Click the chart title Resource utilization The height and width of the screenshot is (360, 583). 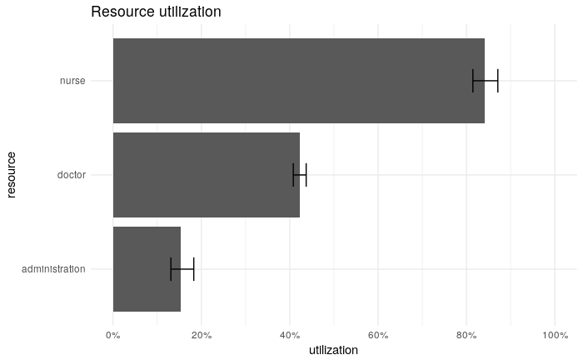(156, 12)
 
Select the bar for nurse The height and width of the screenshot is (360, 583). (298, 81)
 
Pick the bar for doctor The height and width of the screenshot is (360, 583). (206, 175)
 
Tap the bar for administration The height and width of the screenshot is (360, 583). (147, 269)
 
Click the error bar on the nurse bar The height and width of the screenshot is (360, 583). (485, 81)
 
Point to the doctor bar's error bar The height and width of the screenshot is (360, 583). (300, 175)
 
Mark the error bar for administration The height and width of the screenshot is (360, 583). (182, 269)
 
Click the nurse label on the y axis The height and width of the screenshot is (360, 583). (72, 81)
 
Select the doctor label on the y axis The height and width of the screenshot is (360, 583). (71, 175)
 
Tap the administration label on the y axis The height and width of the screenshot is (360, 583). (53, 269)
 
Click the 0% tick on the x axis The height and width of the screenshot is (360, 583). (113, 335)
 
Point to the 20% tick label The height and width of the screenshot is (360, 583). (202, 335)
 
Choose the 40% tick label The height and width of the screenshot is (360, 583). (290, 335)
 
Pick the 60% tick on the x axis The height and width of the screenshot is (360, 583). (378, 335)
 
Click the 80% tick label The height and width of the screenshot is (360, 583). (466, 335)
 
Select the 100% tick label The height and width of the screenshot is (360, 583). (555, 335)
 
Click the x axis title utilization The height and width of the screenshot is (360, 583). (333, 351)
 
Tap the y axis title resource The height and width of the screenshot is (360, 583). (12, 175)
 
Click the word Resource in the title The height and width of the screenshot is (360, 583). (121, 12)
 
